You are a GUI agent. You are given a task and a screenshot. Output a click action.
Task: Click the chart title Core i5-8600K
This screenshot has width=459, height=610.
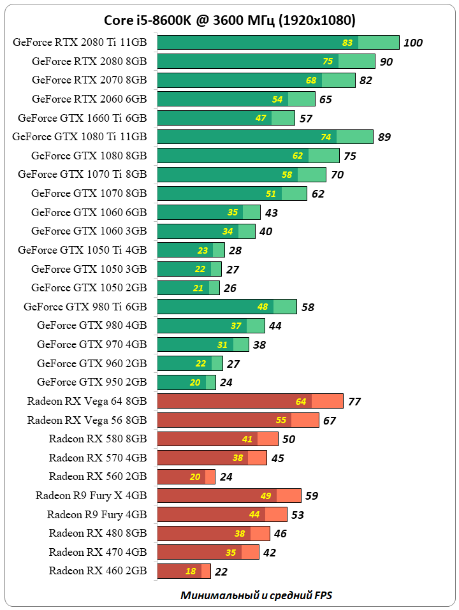click(229, 21)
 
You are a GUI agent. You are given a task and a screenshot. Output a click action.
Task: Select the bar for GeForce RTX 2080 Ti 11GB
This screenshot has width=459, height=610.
click(278, 43)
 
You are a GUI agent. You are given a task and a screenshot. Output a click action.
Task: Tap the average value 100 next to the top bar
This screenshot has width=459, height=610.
click(413, 43)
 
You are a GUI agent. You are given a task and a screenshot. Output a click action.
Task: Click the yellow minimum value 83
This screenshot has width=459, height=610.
click(347, 43)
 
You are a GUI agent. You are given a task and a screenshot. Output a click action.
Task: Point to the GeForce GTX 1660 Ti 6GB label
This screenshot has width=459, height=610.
click(82, 118)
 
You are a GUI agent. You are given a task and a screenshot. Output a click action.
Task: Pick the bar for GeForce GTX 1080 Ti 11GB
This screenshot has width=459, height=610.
click(265, 136)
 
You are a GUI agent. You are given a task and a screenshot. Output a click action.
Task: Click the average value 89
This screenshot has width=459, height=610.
click(384, 137)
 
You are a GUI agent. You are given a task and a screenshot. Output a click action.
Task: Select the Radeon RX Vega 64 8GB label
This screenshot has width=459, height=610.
click(87, 401)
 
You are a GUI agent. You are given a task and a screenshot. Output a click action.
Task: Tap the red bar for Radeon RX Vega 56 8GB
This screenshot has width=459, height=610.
click(238, 420)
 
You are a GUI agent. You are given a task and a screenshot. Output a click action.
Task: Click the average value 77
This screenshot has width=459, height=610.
click(354, 402)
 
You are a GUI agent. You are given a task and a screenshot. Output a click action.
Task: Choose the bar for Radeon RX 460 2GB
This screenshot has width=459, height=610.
click(184, 571)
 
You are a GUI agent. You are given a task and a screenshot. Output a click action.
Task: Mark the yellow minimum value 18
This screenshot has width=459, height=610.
click(191, 571)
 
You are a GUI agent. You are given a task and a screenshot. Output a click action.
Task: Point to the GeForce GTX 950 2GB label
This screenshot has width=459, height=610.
click(92, 382)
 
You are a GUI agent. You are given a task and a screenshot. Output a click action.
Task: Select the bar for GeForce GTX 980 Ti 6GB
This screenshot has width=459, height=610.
click(226, 307)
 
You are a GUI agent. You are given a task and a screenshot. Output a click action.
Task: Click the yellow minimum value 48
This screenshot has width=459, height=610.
click(263, 307)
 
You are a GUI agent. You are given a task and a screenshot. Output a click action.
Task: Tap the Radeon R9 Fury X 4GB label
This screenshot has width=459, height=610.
click(91, 495)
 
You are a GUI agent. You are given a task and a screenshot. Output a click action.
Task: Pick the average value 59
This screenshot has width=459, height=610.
click(312, 496)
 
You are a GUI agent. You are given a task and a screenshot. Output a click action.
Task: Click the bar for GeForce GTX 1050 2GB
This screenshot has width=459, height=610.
click(188, 288)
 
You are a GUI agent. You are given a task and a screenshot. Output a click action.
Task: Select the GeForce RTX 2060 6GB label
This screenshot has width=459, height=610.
click(89, 99)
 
